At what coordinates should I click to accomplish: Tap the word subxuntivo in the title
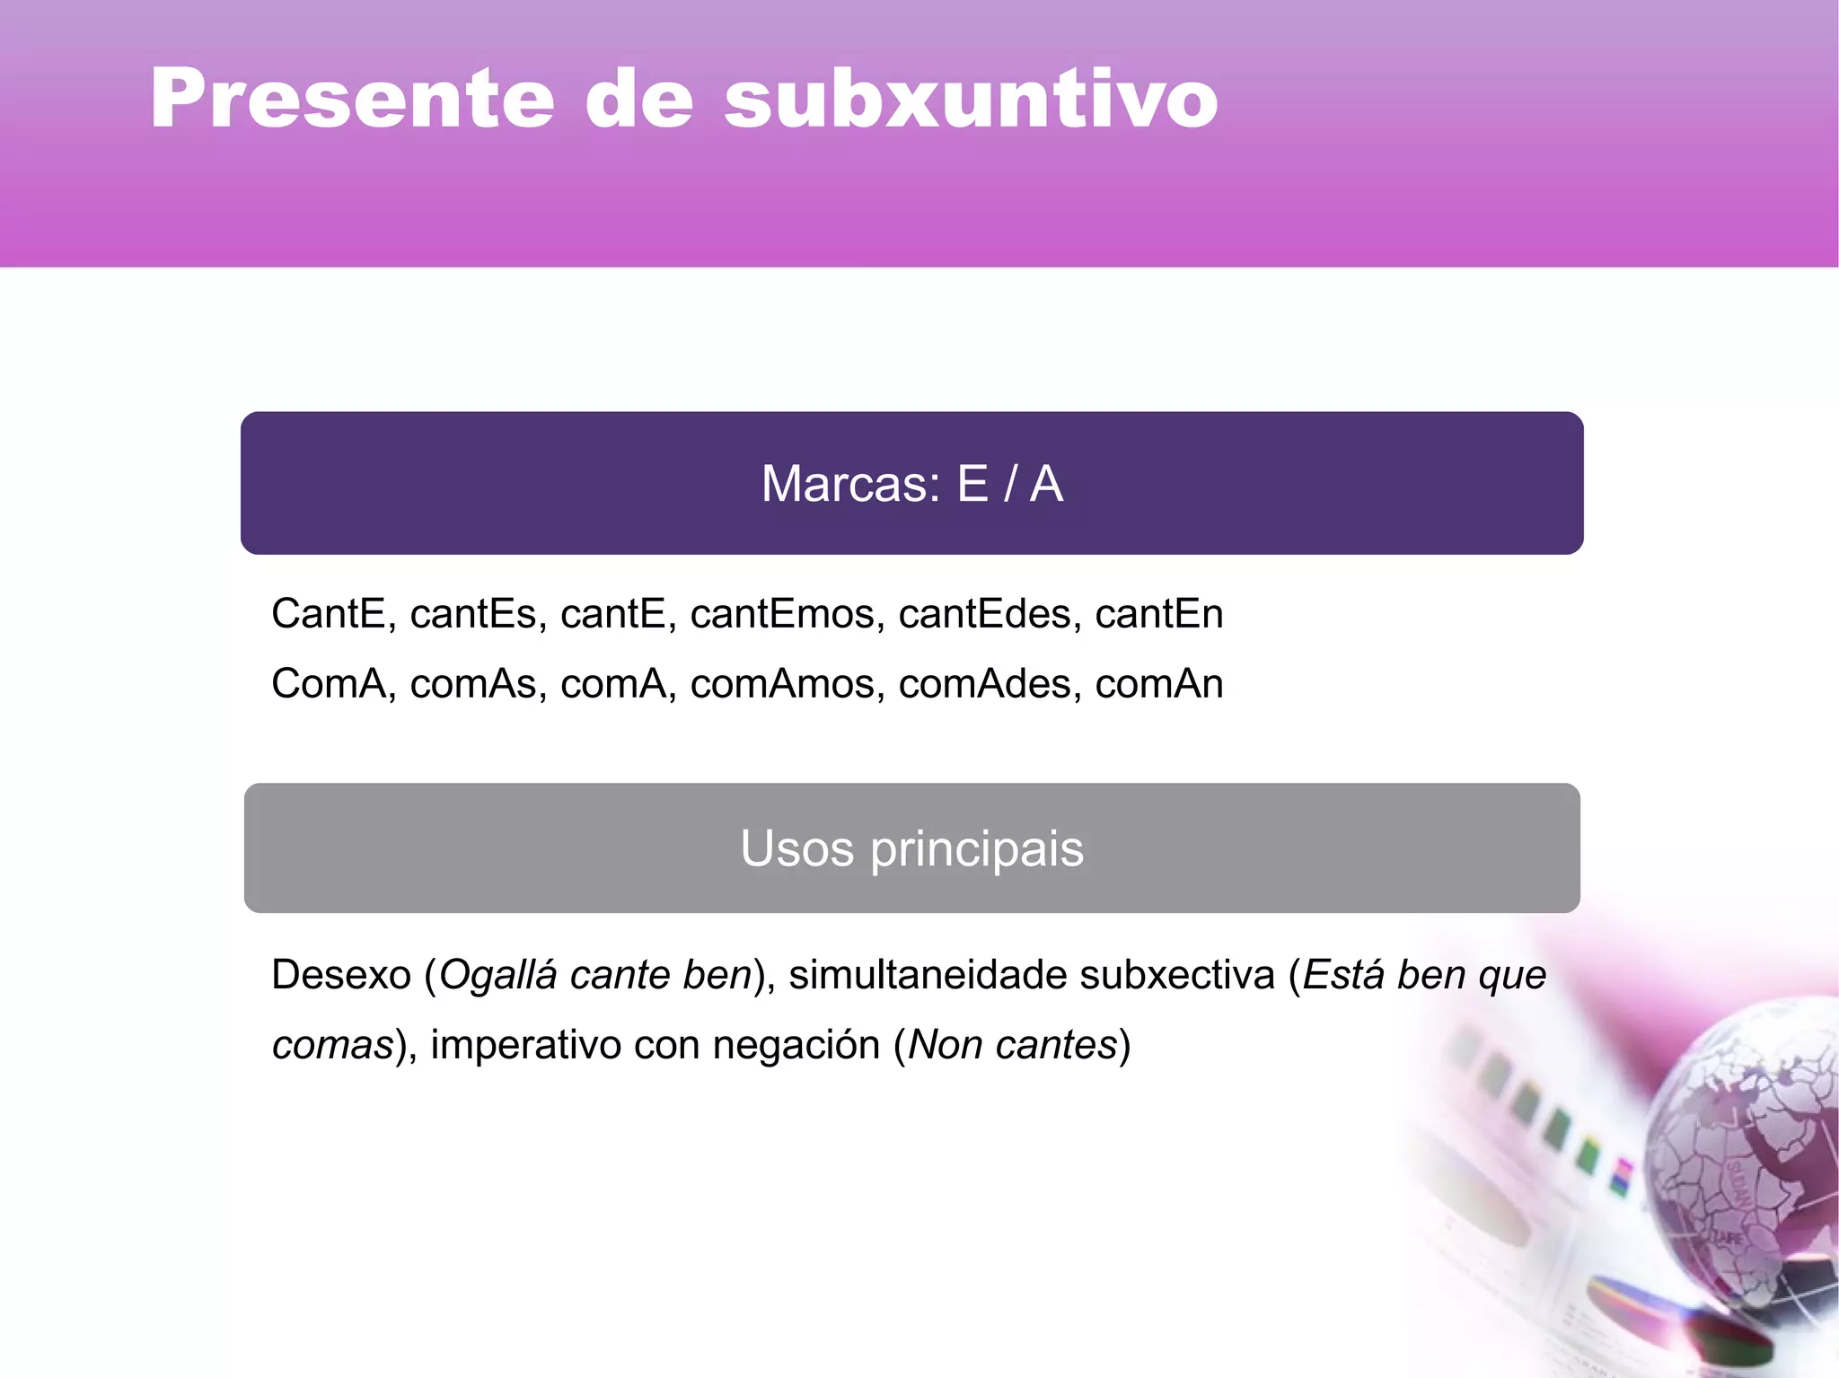pyautogui.click(x=971, y=99)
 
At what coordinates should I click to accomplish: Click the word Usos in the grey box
pyautogui.click(x=796, y=848)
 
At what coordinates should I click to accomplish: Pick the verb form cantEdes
pyautogui.click(x=990, y=614)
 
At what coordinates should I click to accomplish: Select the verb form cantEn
pyautogui.click(x=1159, y=614)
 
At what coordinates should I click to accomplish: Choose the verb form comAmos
pyautogui.click(x=782, y=684)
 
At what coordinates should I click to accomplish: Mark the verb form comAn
pyautogui.click(x=1159, y=684)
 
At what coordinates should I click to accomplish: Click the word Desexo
pyautogui.click(x=341, y=975)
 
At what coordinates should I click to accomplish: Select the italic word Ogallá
pyautogui.click(x=498, y=976)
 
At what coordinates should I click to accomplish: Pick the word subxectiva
pyautogui.click(x=1177, y=975)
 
